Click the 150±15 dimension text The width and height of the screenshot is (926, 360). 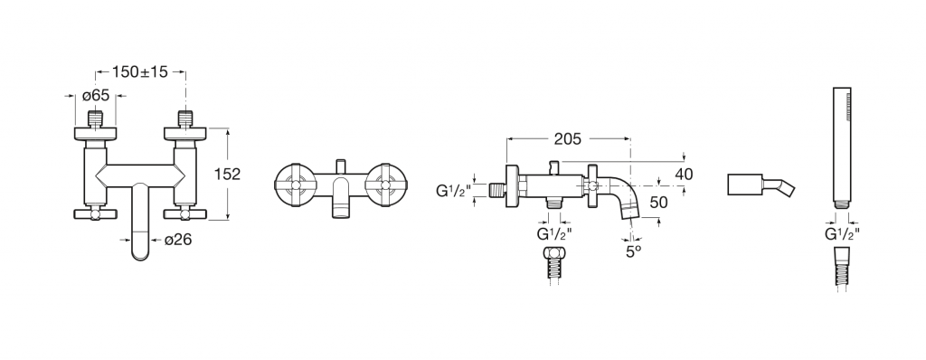pyautogui.click(x=140, y=72)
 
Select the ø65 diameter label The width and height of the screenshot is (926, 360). pyautogui.click(x=96, y=95)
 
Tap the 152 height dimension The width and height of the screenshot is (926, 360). pyautogui.click(x=227, y=175)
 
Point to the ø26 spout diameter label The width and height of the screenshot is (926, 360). pyautogui.click(x=178, y=240)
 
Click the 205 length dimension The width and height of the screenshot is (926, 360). pyautogui.click(x=568, y=139)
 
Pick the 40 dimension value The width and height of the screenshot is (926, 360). pyautogui.click(x=684, y=175)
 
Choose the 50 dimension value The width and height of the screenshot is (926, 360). pyautogui.click(x=658, y=203)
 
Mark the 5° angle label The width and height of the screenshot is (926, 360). pyautogui.click(x=634, y=251)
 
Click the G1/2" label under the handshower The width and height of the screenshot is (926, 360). pyautogui.click(x=842, y=234)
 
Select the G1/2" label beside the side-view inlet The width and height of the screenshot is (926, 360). pyautogui.click(x=454, y=190)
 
